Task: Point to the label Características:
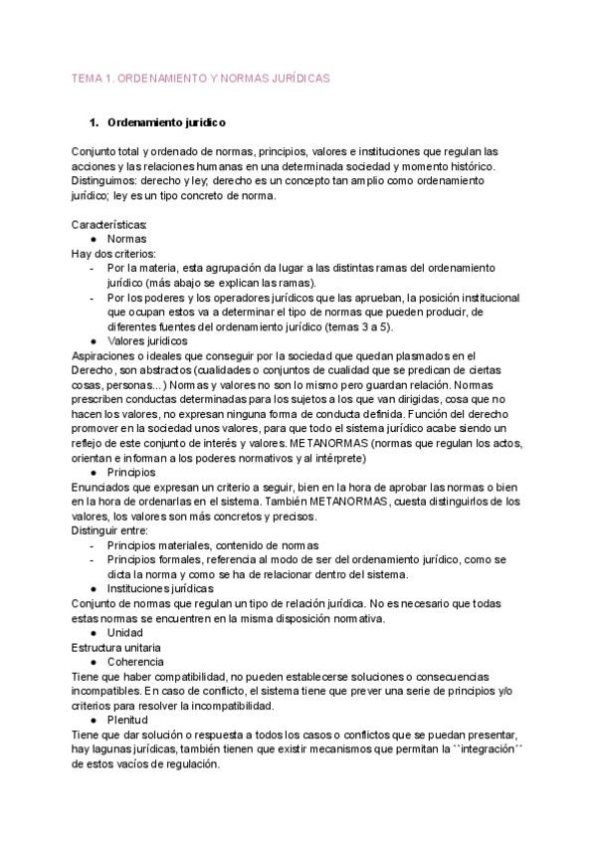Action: [x=109, y=225]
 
